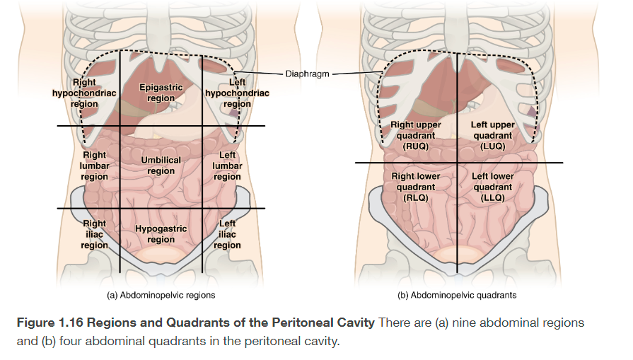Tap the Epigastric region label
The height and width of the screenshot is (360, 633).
point(161,93)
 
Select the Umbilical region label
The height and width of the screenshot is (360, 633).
point(161,166)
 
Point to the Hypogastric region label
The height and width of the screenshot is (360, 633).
point(161,234)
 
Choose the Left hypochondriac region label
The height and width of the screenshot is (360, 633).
point(237,93)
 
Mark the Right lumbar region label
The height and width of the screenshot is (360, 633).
point(95,166)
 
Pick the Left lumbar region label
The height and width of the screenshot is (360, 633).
point(228,166)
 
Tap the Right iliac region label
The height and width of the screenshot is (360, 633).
point(95,234)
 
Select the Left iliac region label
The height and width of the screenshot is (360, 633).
point(228,234)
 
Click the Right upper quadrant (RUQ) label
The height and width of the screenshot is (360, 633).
point(416,135)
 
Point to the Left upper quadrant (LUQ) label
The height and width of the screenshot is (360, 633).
point(492,135)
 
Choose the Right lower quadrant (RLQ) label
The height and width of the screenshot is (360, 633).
point(416,187)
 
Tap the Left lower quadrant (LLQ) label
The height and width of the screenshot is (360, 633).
point(492,187)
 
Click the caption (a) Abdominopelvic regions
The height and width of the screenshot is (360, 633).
point(161,294)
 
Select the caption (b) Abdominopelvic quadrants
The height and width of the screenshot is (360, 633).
point(458,294)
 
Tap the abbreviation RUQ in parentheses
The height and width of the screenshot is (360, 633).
point(416,146)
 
